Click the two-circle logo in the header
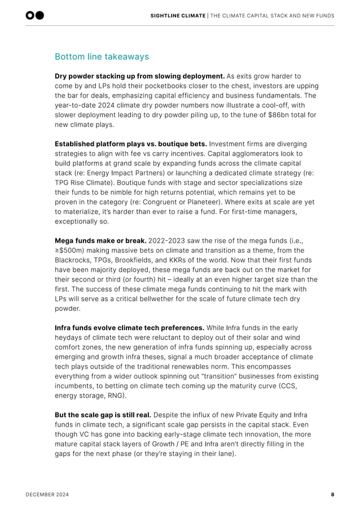(x=35, y=15)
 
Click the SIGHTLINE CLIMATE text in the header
(x=178, y=15)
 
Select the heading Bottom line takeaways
(x=102, y=56)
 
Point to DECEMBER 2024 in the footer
(x=47, y=494)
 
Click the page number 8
(x=332, y=494)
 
